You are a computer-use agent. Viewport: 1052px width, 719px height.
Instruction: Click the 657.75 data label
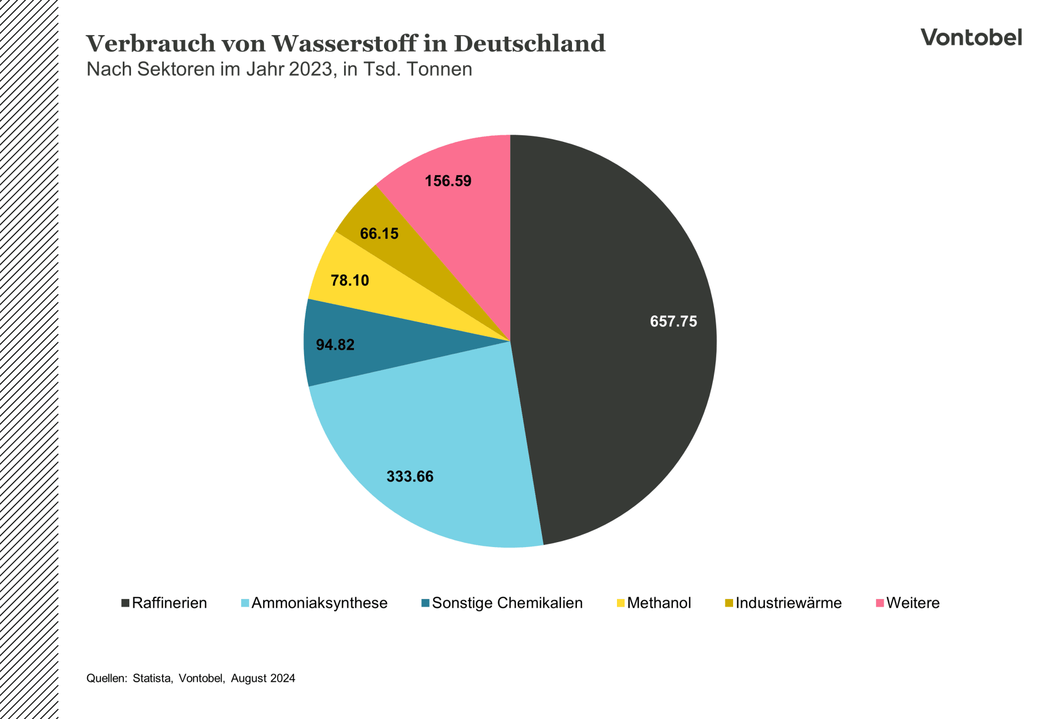(673, 321)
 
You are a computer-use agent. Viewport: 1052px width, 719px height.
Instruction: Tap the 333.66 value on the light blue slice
(410, 476)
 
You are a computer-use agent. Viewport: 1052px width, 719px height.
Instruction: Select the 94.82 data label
(335, 345)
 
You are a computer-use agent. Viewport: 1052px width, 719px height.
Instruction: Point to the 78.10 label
(350, 280)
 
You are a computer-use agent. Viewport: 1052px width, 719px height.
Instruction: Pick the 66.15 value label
(379, 234)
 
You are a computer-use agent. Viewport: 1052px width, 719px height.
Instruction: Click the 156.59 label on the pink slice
(448, 181)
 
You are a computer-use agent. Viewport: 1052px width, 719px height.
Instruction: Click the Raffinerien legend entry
(169, 603)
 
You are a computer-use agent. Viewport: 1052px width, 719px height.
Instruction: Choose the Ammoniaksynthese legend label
(319, 603)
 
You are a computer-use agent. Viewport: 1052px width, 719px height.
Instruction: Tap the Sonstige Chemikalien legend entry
(507, 603)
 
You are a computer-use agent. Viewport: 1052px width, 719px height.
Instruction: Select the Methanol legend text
(659, 603)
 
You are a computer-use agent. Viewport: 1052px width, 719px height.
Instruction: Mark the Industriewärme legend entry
(788, 603)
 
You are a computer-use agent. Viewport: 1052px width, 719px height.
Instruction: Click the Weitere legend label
(913, 603)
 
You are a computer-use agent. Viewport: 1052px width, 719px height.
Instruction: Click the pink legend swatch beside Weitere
(879, 603)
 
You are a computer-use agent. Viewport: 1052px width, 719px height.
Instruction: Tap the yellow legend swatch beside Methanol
(620, 603)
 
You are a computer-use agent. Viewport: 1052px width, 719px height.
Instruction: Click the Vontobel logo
(971, 37)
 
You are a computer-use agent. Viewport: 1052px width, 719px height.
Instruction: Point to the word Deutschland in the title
(529, 44)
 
